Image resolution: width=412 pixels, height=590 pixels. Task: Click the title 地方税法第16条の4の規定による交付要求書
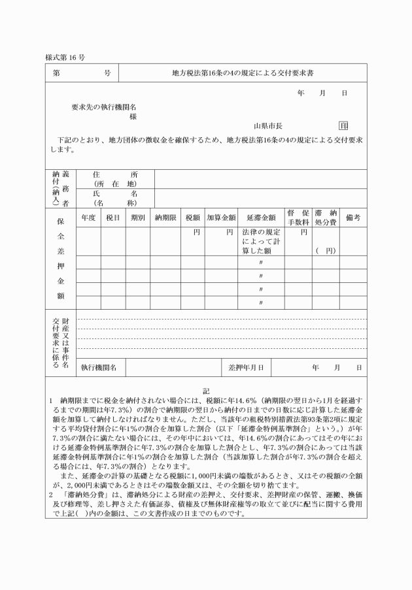pyautogui.click(x=243, y=73)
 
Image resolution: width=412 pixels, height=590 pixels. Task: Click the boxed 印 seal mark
pyautogui.click(x=343, y=125)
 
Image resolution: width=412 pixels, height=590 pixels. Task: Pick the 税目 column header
pyautogui.click(x=112, y=217)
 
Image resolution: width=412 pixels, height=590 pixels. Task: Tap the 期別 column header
pyautogui.click(x=137, y=217)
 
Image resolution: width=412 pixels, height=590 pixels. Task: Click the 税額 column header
pyautogui.click(x=192, y=217)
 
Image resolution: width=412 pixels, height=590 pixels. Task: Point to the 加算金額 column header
pyautogui.click(x=220, y=217)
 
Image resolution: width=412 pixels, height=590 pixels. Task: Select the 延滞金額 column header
pyautogui.click(x=261, y=217)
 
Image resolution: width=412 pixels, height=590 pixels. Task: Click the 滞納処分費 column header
pyautogui.click(x=324, y=217)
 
